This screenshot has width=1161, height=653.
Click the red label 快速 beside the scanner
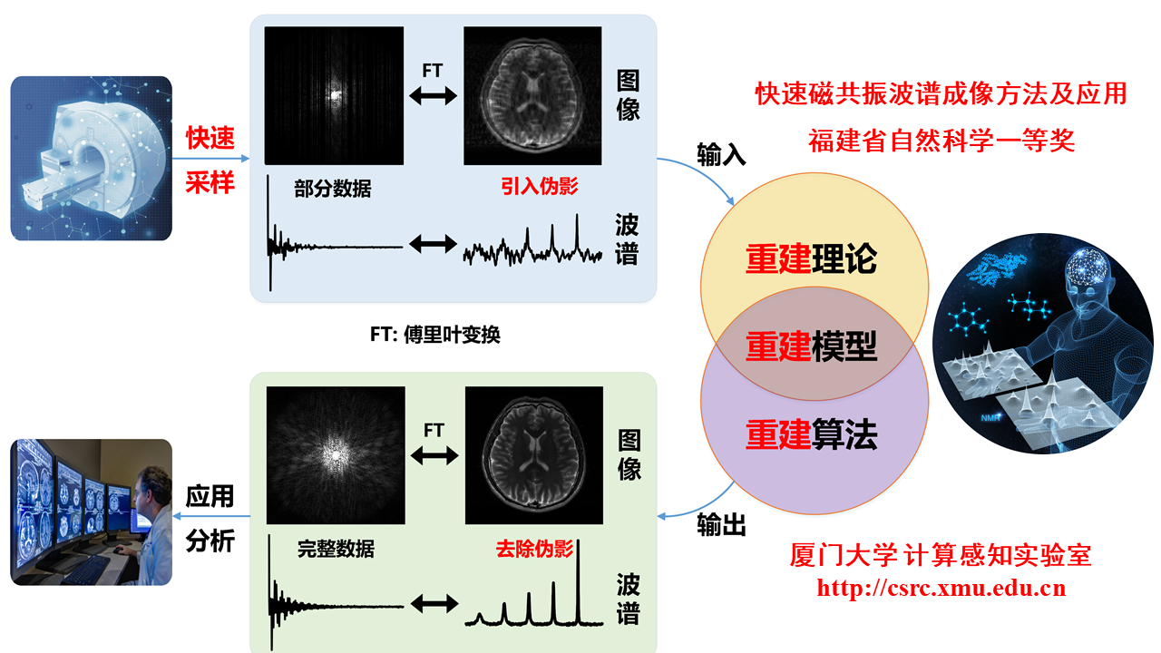point(210,139)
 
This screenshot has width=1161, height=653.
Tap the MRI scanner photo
point(91,158)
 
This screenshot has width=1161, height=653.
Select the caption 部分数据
point(332,190)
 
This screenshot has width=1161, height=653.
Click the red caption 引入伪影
point(539,187)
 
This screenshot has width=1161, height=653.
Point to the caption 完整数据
point(336,549)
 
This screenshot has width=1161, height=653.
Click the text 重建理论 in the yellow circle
point(812,258)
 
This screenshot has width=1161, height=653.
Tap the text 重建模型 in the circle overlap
point(812,346)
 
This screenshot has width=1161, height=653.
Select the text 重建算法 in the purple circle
point(812,436)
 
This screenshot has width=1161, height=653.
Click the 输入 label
point(721,155)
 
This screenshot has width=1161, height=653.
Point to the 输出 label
point(721,525)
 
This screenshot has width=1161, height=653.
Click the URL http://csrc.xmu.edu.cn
point(941,588)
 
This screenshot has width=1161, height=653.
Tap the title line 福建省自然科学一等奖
point(941,141)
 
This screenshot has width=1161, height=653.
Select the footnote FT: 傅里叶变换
point(434,335)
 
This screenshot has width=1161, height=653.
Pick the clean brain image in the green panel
point(533,455)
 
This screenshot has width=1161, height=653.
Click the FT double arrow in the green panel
point(434,456)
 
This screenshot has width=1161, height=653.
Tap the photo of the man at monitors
point(91,512)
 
